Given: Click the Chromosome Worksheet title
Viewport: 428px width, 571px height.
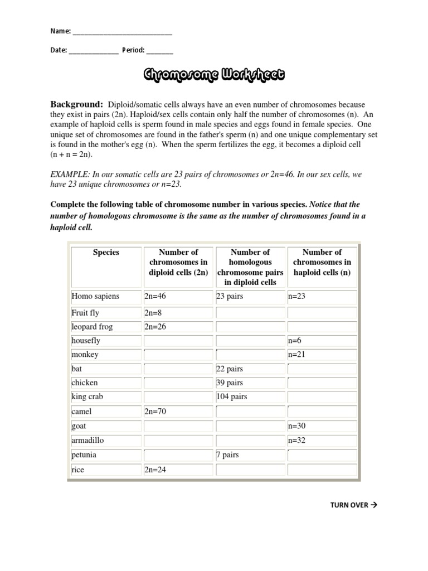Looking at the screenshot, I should [x=214, y=75].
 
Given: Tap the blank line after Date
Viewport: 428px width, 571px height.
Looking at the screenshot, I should [x=94, y=51].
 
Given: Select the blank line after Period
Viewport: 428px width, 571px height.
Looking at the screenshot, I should [x=160, y=51].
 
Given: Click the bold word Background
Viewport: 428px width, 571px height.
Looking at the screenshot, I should [x=77, y=104].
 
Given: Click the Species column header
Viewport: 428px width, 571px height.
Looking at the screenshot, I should [x=106, y=252].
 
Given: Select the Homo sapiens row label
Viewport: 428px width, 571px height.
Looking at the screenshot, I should [x=95, y=296].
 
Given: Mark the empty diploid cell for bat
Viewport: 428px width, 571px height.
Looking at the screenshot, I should [x=178, y=369].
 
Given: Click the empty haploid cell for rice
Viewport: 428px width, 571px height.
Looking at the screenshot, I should [x=322, y=470].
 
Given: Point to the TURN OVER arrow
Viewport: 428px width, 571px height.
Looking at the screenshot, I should [x=373, y=505].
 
